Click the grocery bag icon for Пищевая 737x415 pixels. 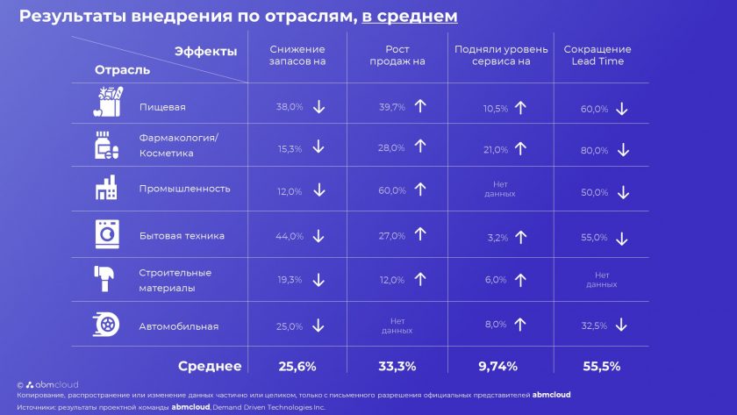(105, 103)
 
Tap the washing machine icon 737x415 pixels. (105, 234)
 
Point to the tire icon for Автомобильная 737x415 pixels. (105, 325)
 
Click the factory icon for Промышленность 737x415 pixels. (105, 188)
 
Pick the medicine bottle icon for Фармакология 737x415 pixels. (105, 145)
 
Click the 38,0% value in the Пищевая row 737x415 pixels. (290, 107)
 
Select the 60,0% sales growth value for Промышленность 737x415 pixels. (390, 190)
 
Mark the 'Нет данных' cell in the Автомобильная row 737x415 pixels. (397, 326)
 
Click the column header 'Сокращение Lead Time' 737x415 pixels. (597, 55)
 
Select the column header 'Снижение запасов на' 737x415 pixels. (297, 55)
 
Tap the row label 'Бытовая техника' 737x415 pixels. (182, 235)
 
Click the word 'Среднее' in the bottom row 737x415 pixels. (210, 366)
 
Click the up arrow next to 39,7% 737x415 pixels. (419, 106)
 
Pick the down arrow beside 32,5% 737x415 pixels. (621, 325)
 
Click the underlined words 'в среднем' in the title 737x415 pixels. (410, 17)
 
